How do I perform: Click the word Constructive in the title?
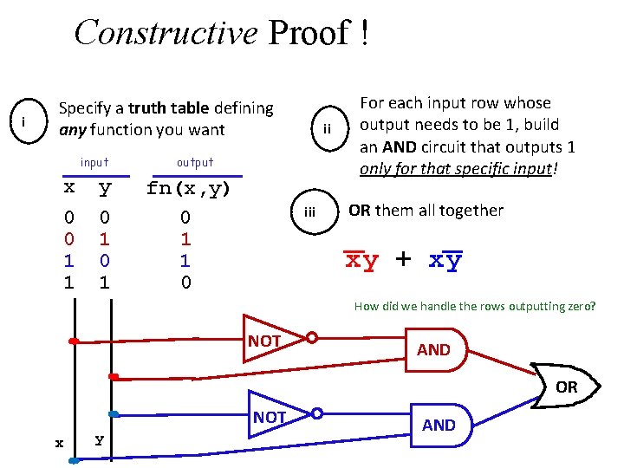tap(166, 33)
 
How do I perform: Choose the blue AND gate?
tap(442, 424)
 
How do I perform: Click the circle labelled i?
tap(27, 122)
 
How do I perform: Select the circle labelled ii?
tap(328, 129)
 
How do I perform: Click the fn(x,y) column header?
tap(188, 188)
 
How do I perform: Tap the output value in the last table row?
tap(185, 283)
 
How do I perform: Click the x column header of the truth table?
tap(69, 188)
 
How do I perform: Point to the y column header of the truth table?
tap(104, 189)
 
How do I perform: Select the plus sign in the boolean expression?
tap(403, 259)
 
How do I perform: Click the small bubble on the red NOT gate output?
tap(312, 338)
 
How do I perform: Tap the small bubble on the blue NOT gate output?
tap(318, 413)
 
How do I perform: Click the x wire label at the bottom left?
tap(59, 443)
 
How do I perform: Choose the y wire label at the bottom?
tap(100, 439)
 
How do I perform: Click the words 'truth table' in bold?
tap(169, 108)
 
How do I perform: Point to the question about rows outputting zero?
tap(475, 305)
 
